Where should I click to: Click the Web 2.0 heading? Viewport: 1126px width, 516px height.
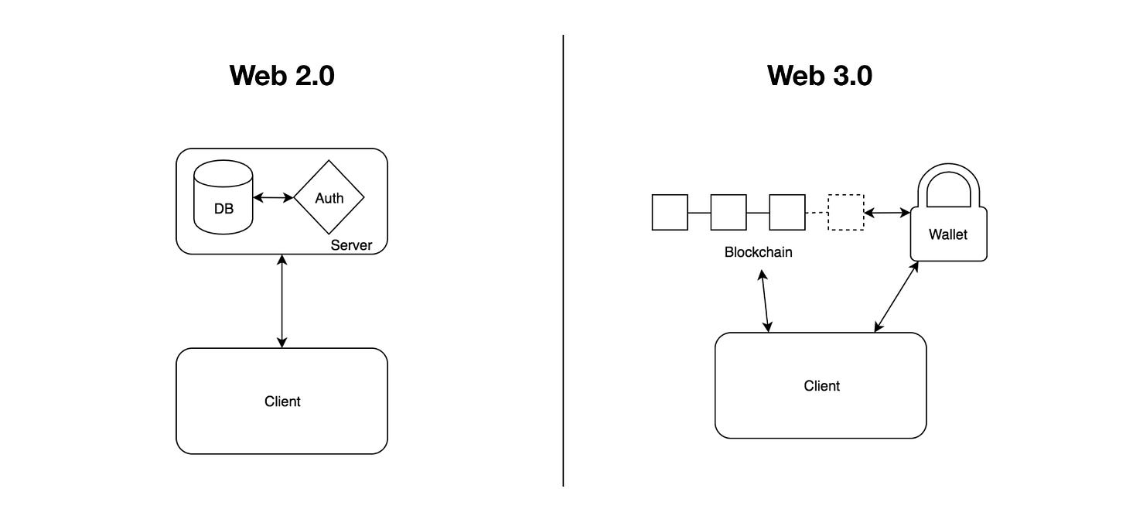pyautogui.click(x=282, y=76)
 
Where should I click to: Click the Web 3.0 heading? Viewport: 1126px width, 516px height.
pyautogui.click(x=820, y=76)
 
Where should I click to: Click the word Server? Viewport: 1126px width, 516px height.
pyautogui.click(x=351, y=245)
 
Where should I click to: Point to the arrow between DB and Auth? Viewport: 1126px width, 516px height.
pyautogui.click(x=273, y=197)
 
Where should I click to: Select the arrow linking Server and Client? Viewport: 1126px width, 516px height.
pyautogui.click(x=282, y=301)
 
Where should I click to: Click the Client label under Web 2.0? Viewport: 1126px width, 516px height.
pyautogui.click(x=282, y=402)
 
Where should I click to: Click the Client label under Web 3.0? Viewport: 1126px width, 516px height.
pyautogui.click(x=821, y=386)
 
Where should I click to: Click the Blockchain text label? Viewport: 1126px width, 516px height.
pyautogui.click(x=758, y=252)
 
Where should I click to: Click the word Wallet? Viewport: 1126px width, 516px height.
pyautogui.click(x=948, y=234)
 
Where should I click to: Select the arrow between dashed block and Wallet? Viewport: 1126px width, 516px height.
pyautogui.click(x=887, y=213)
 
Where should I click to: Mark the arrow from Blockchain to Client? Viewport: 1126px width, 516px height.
pyautogui.click(x=765, y=301)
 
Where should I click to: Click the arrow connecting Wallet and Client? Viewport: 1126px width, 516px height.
pyautogui.click(x=896, y=297)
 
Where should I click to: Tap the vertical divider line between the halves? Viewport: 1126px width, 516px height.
pyautogui.click(x=563, y=261)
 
